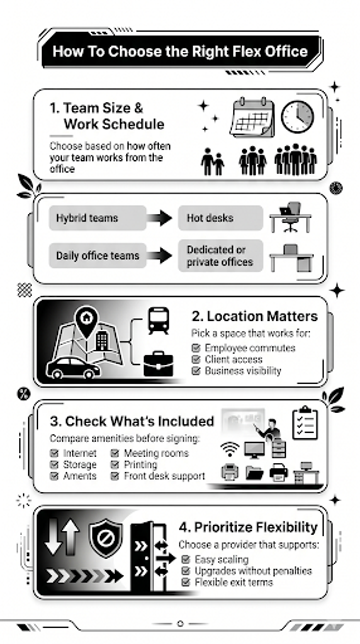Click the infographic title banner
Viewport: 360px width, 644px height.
click(181, 52)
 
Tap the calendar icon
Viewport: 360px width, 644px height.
click(252, 118)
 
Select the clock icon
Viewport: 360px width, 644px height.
click(297, 116)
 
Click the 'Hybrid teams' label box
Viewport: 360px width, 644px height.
click(98, 218)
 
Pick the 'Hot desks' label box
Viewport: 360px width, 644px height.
click(220, 218)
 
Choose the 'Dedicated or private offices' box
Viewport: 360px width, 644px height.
click(220, 256)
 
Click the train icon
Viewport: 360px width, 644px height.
click(158, 320)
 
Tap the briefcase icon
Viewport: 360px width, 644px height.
click(158, 364)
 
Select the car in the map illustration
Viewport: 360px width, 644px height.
click(73, 367)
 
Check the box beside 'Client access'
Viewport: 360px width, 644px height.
click(196, 360)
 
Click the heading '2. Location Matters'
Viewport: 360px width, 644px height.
click(254, 316)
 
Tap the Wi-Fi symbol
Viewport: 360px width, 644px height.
click(229, 449)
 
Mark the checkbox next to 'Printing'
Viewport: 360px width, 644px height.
click(115, 465)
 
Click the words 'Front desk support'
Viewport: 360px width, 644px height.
click(164, 477)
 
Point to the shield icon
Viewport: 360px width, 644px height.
click(106, 538)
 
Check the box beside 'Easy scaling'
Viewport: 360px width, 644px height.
click(186, 559)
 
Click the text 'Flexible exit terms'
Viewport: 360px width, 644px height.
click(233, 582)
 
